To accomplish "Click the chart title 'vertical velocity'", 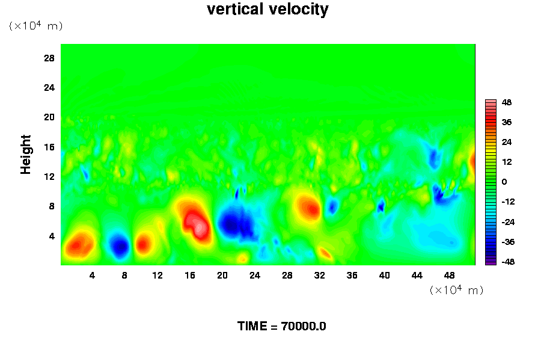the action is (x=267, y=9).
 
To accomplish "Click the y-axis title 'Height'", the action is (x=25, y=155).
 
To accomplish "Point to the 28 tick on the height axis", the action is (x=49, y=58).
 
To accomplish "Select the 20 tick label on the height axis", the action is (x=49, y=117).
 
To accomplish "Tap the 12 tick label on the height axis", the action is (x=49, y=176).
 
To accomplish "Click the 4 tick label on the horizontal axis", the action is (x=92, y=276).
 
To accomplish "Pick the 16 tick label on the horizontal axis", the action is (x=190, y=276).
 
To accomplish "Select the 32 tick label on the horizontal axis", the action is (x=320, y=276).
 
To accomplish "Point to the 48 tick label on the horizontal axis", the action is (x=449, y=276).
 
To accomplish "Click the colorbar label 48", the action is (x=507, y=102).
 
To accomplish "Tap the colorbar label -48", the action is (x=508, y=262).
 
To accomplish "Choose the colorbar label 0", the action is (x=504, y=182).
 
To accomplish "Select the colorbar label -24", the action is (x=508, y=222).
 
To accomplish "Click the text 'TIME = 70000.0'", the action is (x=281, y=326).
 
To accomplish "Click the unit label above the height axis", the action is (x=35, y=25).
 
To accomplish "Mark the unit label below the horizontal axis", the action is (x=456, y=289).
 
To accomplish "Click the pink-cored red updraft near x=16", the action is (x=195, y=221).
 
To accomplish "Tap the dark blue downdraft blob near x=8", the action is (x=120, y=245).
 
